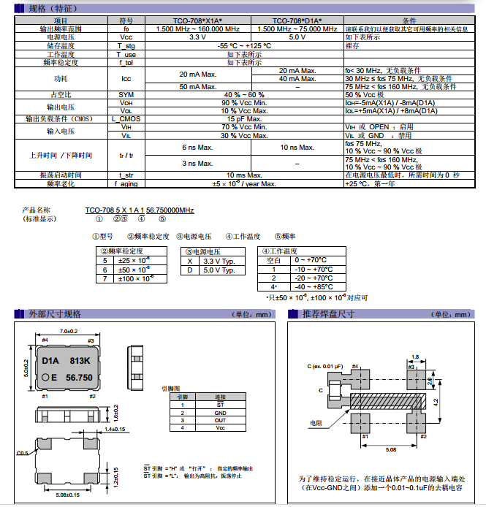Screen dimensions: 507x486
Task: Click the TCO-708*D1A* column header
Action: pyautogui.click(x=297, y=20)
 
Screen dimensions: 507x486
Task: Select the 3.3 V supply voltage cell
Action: pyautogui.click(x=197, y=37)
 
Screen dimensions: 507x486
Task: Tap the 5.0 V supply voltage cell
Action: pyautogui.click(x=297, y=37)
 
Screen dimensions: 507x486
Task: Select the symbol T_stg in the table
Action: pyautogui.click(x=126, y=45)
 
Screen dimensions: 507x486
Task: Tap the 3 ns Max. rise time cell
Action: pyautogui.click(x=197, y=163)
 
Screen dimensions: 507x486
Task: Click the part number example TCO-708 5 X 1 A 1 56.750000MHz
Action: pyautogui.click(x=139, y=210)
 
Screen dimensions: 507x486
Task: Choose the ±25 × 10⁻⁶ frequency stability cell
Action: pyautogui.click(x=135, y=260)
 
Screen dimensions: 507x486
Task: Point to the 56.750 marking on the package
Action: pyautogui.click(x=80, y=378)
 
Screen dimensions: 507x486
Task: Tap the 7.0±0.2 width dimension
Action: pyautogui.click(x=69, y=331)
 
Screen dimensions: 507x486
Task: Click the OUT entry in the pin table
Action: pyautogui.click(x=220, y=420)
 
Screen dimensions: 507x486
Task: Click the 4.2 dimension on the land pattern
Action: pyautogui.click(x=436, y=401)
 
